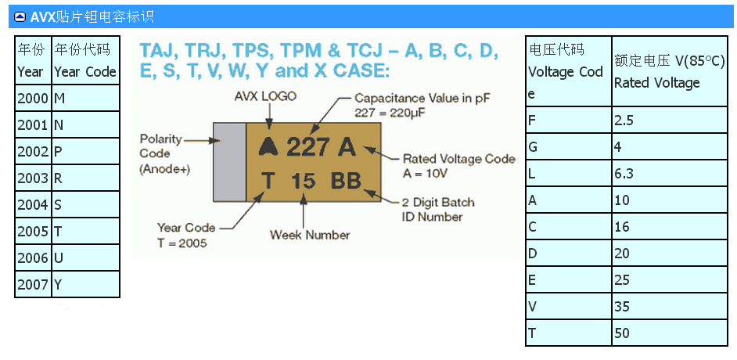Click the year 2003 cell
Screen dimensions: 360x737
point(33,178)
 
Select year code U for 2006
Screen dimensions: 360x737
point(85,257)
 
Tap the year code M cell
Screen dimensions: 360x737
point(85,98)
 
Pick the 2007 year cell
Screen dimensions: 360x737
point(33,284)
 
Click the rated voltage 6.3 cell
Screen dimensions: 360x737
point(672,173)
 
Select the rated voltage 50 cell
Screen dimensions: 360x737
point(672,333)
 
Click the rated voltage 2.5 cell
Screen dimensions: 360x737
point(672,120)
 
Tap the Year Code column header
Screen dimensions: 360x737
point(85,60)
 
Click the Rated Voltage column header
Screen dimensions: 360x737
point(672,71)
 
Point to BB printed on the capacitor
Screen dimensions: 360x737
point(346,181)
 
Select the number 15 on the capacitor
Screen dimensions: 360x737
point(303,181)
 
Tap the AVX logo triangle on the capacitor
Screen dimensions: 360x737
point(268,146)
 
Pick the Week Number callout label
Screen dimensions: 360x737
point(310,235)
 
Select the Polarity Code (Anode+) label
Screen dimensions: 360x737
point(164,153)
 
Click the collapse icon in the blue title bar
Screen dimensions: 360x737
point(20,16)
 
